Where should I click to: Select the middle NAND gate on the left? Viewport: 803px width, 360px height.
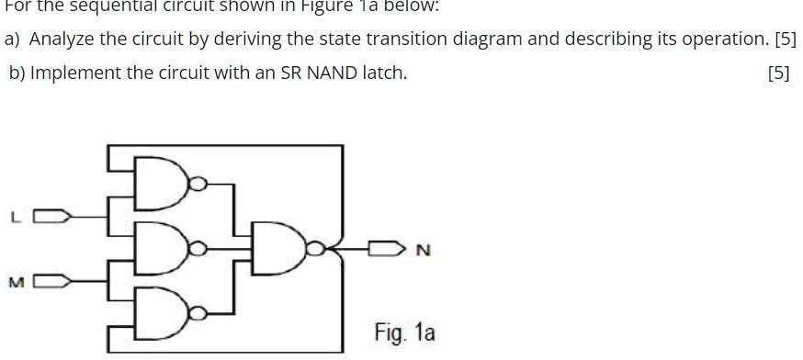pos(163,249)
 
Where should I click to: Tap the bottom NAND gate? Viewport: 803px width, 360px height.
pos(163,312)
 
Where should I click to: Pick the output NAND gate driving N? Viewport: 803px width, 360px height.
pos(288,249)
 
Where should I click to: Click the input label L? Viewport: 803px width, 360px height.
pos(14,218)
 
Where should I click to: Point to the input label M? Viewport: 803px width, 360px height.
pos(14,281)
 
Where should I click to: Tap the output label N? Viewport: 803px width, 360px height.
pos(423,249)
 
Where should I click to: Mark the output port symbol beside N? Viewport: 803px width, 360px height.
pos(385,248)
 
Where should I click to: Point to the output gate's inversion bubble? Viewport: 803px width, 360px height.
pos(317,249)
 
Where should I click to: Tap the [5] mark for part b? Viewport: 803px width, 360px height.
pos(777,73)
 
